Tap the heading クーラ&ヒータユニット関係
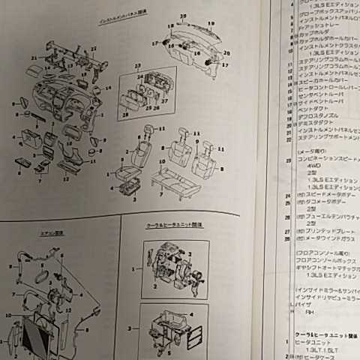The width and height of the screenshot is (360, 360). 169,225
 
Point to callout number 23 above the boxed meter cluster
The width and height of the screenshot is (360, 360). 137,66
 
